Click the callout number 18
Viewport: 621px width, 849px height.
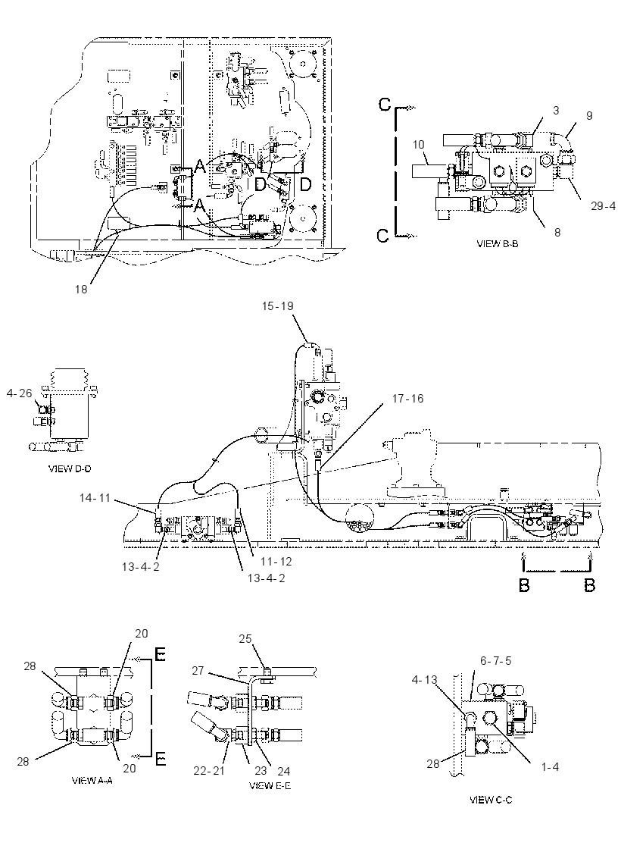81,289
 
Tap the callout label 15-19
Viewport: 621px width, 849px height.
277,306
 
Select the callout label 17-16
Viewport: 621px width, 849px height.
408,399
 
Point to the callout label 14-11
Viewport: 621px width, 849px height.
95,497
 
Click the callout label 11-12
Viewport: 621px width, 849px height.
276,562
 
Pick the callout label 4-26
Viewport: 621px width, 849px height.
20,393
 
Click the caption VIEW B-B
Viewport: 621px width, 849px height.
497,243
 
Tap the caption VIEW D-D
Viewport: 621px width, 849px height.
70,468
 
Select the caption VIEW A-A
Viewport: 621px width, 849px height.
92,780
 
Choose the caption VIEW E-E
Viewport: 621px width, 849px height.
270,785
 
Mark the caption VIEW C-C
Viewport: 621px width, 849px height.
491,799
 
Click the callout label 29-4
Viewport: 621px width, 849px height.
603,206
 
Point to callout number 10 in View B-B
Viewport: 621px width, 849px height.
419,145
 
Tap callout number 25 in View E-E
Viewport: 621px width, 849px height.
245,639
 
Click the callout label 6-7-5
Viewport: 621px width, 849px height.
495,660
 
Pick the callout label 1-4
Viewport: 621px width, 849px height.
550,766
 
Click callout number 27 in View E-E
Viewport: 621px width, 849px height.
198,670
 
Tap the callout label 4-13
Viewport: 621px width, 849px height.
424,679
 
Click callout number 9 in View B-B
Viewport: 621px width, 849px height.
589,115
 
